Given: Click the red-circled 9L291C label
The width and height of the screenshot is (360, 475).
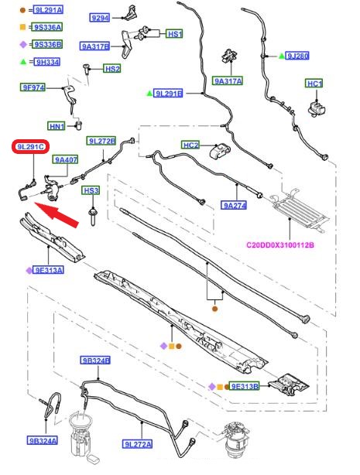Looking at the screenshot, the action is pyautogui.click(x=30, y=147).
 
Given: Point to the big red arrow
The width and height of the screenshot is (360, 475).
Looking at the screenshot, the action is pyautogui.click(x=57, y=214).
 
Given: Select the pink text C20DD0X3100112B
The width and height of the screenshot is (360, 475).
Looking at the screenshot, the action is pyautogui.click(x=280, y=244).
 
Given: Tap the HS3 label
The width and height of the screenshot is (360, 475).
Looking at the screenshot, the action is pyautogui.click(x=91, y=191).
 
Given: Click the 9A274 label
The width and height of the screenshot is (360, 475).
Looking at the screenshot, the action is pyautogui.click(x=234, y=206).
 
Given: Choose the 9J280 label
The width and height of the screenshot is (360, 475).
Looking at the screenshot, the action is pyautogui.click(x=297, y=56).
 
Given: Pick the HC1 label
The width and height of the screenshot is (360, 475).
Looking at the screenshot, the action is pyautogui.click(x=314, y=84).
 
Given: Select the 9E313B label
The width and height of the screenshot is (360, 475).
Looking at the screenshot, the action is pyautogui.click(x=245, y=387).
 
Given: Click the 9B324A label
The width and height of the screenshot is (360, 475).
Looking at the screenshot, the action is pyautogui.click(x=42, y=440).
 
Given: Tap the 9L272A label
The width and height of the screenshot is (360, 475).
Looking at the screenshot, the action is pyautogui.click(x=138, y=444).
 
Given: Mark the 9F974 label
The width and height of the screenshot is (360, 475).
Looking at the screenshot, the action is pyautogui.click(x=33, y=87).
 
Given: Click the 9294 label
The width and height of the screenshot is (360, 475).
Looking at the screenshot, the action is pyautogui.click(x=100, y=18).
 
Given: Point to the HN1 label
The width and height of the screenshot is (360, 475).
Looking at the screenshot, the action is pyautogui.click(x=57, y=126).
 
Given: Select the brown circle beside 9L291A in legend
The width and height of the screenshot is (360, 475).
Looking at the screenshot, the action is pyautogui.click(x=22, y=10).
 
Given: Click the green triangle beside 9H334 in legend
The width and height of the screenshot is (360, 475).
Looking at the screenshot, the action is pyautogui.click(x=23, y=62).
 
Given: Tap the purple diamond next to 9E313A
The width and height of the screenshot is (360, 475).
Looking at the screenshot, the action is pyautogui.click(x=29, y=271).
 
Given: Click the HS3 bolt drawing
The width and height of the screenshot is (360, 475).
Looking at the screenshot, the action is pyautogui.click(x=92, y=216).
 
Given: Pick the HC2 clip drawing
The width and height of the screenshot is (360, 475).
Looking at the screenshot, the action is pyautogui.click(x=220, y=150).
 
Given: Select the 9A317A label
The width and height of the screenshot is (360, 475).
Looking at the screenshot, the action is pyautogui.click(x=228, y=81).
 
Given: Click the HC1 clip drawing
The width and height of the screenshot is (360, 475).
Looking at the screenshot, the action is pyautogui.click(x=317, y=109).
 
